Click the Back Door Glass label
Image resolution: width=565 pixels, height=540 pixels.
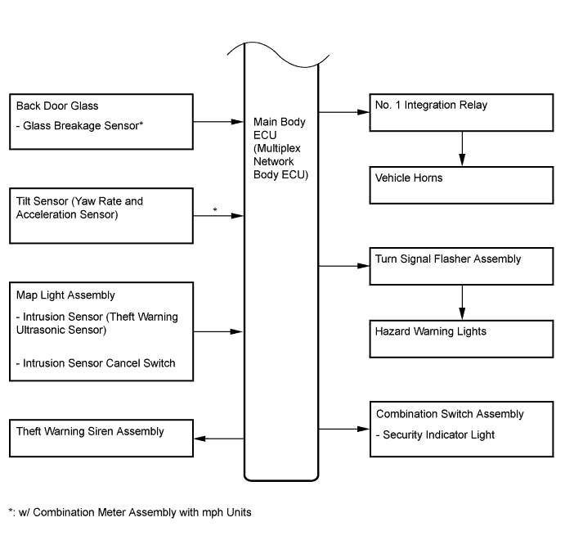(x=57, y=106)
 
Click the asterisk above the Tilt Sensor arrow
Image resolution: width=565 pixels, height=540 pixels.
(x=215, y=209)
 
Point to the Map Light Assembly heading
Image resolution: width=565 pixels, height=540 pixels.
(x=65, y=295)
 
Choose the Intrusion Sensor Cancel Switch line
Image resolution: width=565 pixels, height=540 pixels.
(x=96, y=363)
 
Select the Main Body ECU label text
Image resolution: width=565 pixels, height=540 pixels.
(x=280, y=148)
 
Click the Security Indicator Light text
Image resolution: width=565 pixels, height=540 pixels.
(x=435, y=434)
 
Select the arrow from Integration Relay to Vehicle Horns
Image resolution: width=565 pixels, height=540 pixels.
(x=462, y=149)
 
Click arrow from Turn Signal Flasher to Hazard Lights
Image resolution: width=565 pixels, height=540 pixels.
(x=462, y=303)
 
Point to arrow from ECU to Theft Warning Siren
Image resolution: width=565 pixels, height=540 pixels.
(x=219, y=439)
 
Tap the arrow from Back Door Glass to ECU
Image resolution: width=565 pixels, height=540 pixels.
(x=218, y=122)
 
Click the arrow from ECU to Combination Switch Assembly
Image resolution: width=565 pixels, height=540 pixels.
(x=344, y=429)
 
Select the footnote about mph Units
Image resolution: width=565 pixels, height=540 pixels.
(x=130, y=512)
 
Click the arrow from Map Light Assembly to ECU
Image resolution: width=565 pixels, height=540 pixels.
(x=218, y=331)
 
